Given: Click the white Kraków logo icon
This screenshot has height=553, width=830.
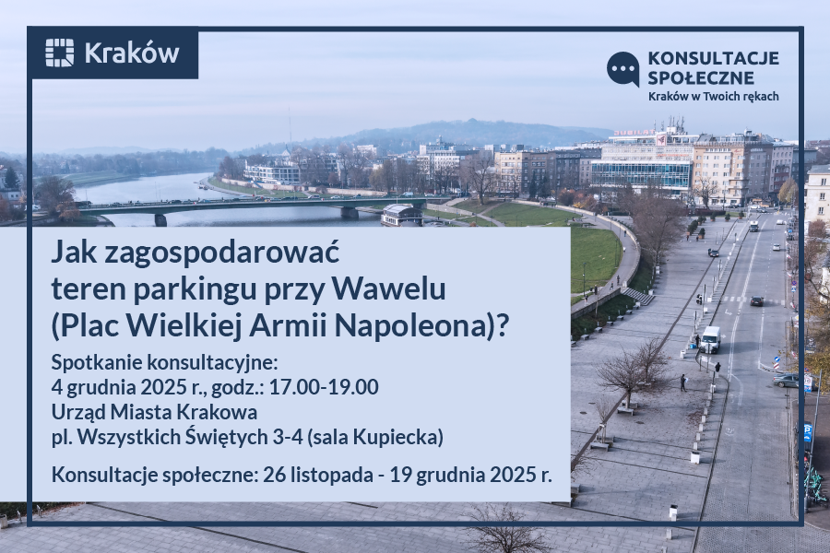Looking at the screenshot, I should click(x=59, y=53).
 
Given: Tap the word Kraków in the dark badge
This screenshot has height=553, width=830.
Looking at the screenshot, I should click(x=131, y=53).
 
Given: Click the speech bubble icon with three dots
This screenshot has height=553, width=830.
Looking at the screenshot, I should click(x=623, y=68).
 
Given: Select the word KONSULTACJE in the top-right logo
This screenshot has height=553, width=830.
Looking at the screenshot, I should click(x=713, y=58).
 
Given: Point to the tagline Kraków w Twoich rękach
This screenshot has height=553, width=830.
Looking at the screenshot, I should click(x=713, y=96).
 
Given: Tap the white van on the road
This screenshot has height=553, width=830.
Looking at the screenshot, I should click(x=710, y=339).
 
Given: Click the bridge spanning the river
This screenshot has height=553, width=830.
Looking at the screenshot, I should click(x=249, y=206).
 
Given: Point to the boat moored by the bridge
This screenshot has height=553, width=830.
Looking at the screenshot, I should click(x=401, y=215).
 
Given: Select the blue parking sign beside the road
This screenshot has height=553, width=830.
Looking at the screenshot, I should click(x=807, y=430).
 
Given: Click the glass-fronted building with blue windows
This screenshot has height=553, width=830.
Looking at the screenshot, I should click(x=641, y=172).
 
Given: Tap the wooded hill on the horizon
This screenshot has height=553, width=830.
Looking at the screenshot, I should click(x=461, y=134).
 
